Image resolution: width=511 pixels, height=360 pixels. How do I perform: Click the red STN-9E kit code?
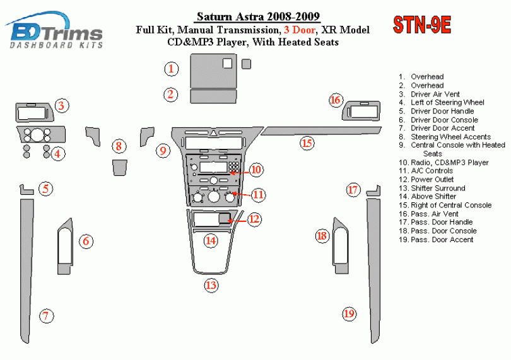tap(422, 25)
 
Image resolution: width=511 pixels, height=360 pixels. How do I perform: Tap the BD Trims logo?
tap(54, 30)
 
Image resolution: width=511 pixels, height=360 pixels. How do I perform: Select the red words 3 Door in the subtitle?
tap(300, 30)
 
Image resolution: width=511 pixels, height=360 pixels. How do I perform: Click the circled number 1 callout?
tap(171, 69)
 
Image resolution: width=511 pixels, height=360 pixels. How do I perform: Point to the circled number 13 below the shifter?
tap(211, 286)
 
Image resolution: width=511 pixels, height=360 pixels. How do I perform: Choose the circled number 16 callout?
tap(336, 100)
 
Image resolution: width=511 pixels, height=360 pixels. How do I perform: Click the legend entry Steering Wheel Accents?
tap(445, 137)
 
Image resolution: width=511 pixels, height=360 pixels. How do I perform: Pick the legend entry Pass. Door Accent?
tap(436, 240)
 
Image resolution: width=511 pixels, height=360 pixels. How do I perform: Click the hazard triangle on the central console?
tap(213, 133)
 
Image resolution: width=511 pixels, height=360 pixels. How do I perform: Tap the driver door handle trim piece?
tap(26, 190)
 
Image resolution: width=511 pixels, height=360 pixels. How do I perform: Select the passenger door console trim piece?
tap(341, 246)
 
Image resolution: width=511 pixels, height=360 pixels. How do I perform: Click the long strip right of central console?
tap(321, 131)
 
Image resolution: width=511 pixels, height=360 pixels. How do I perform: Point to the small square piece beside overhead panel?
tap(247, 64)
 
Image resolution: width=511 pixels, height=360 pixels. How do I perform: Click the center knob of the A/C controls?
tap(213, 197)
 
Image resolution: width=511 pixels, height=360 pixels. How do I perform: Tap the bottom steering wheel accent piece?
tap(120, 168)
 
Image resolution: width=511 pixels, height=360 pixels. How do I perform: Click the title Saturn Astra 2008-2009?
tap(258, 16)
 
